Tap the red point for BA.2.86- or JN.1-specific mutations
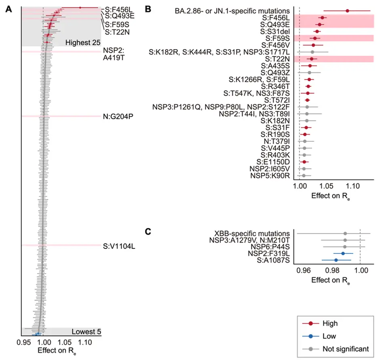click(x=348, y=11)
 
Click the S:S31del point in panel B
click(x=317, y=31)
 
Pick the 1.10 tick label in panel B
click(x=353, y=187)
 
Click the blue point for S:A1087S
click(x=336, y=260)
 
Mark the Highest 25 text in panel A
click(x=82, y=42)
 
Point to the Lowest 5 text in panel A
click(x=86, y=332)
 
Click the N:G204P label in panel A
click(x=118, y=116)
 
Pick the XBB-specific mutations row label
click(x=252, y=233)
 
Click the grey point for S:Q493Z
click(x=309, y=72)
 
